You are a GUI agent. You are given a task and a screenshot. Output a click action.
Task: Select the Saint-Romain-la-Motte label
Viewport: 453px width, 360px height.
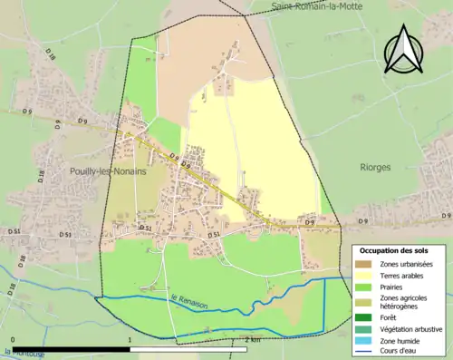pyautogui.click(x=313, y=7)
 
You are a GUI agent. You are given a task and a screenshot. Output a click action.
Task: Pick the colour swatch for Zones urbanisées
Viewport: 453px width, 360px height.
pyautogui.click(x=369, y=264)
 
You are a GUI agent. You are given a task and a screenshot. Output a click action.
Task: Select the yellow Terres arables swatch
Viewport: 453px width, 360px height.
pyautogui.click(x=369, y=276)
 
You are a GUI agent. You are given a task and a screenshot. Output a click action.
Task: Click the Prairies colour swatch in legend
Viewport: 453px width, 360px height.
pyautogui.click(x=369, y=287)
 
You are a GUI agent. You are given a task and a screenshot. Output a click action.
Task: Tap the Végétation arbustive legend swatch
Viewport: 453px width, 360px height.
pyautogui.click(x=369, y=329)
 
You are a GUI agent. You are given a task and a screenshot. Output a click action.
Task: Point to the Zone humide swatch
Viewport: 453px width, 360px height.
pyautogui.click(x=369, y=341)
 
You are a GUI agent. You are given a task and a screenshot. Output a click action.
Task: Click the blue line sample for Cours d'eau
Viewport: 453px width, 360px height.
pyautogui.click(x=369, y=352)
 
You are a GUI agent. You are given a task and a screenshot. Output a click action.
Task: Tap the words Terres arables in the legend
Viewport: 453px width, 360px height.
pyautogui.click(x=406, y=276)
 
